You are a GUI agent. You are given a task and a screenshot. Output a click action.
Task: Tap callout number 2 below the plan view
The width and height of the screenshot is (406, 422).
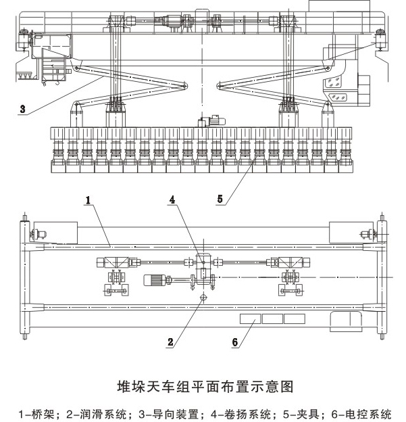(172, 342)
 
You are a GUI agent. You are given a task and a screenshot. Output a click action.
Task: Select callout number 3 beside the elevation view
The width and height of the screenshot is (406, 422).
(24, 108)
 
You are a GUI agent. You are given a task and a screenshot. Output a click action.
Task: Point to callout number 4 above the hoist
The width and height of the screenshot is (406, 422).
(173, 200)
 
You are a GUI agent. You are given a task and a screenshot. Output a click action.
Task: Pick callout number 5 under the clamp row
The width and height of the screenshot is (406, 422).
(220, 200)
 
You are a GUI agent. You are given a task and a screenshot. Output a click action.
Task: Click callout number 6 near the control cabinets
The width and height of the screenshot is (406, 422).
(235, 342)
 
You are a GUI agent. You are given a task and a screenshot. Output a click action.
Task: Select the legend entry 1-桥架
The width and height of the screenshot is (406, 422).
(34, 412)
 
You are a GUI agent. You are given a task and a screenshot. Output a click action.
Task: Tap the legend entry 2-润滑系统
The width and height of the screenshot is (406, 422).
(91, 412)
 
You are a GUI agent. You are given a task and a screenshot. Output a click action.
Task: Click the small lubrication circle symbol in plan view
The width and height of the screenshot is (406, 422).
(202, 296)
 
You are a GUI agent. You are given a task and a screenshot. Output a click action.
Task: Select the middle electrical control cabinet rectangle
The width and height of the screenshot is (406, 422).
(272, 318)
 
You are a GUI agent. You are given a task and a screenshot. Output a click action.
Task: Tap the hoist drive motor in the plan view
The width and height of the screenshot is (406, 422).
(158, 279)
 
